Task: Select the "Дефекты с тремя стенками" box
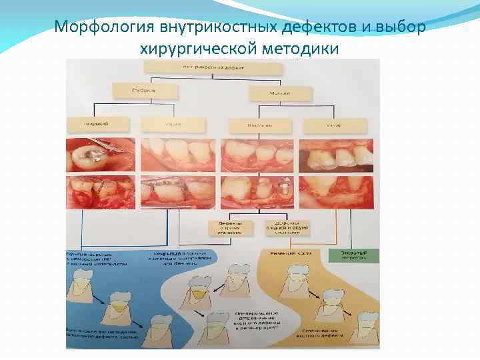coord(229,227)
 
